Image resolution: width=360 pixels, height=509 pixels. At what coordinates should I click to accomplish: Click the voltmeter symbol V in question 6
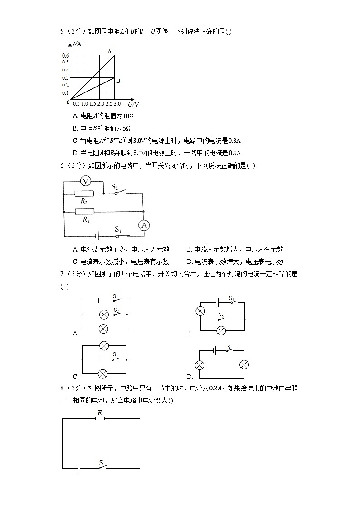[x=84, y=181]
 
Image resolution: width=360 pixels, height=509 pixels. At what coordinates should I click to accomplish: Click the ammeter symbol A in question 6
[x=143, y=226]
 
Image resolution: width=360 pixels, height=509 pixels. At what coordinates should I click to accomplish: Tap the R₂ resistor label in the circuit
[x=84, y=200]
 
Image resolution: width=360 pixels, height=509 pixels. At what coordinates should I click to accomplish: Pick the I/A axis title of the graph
[x=77, y=44]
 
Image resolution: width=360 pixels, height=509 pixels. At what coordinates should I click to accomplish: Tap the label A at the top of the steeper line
[x=109, y=52]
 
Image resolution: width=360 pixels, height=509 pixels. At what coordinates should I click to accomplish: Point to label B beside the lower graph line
[x=118, y=81]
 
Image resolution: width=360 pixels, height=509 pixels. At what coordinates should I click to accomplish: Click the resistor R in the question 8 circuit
[x=100, y=418]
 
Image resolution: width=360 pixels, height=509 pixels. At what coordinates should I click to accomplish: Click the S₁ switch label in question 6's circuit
[x=117, y=229]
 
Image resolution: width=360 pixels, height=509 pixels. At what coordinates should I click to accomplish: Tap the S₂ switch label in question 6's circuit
[x=114, y=186]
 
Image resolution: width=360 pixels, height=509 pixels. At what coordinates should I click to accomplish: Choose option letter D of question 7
[x=190, y=377]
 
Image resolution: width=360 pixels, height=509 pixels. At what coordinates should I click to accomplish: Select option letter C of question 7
[x=75, y=377]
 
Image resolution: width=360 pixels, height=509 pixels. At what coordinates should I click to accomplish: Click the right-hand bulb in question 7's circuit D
[x=244, y=365]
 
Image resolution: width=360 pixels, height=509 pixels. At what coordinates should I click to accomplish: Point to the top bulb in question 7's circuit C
[x=104, y=346]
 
